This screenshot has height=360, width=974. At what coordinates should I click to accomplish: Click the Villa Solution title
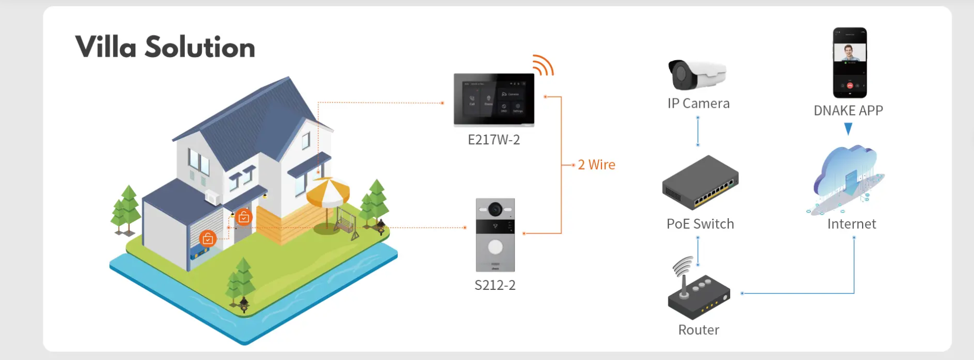[165, 47]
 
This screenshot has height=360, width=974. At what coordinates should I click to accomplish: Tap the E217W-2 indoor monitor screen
[494, 99]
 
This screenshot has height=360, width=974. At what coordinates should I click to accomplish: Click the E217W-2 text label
[494, 140]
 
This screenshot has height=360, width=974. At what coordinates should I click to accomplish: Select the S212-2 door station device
[495, 235]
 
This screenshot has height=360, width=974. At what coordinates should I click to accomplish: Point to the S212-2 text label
[495, 285]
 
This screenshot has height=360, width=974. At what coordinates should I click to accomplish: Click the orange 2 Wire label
[596, 165]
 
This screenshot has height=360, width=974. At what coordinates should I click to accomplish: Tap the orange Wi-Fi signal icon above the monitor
[543, 65]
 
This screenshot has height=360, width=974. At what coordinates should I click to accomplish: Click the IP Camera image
[696, 75]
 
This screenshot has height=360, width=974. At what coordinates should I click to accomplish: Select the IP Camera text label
[698, 104]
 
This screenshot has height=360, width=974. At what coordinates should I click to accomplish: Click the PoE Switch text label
[700, 224]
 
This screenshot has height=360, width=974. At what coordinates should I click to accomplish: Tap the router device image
[698, 292]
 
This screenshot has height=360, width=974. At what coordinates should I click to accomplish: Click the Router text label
[698, 330]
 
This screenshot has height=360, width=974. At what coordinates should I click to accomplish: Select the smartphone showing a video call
[850, 63]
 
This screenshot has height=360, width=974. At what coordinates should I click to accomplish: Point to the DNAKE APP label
[848, 111]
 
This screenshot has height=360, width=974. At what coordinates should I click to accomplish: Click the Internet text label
[851, 224]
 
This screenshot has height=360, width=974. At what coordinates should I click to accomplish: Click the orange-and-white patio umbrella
[328, 192]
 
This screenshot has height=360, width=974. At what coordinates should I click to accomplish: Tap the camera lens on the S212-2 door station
[495, 210]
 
